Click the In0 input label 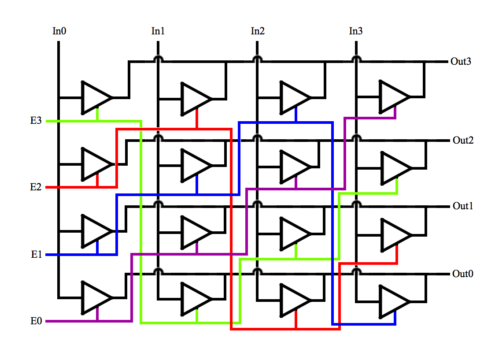pyautogui.click(x=59, y=31)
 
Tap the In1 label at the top pyautogui.click(x=158, y=31)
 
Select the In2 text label pyautogui.click(x=258, y=31)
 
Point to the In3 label pyautogui.click(x=356, y=31)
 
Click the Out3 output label pyautogui.click(x=461, y=62)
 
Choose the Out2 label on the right pyautogui.click(x=463, y=141)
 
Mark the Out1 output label pyautogui.click(x=463, y=206)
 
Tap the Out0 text pyautogui.click(x=463, y=274)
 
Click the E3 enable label pyautogui.click(x=36, y=121)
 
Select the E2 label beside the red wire pyautogui.click(x=36, y=187)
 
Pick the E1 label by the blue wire pyautogui.click(x=36, y=255)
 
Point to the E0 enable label pyautogui.click(x=36, y=321)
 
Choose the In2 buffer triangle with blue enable pyautogui.click(x=293, y=97)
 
